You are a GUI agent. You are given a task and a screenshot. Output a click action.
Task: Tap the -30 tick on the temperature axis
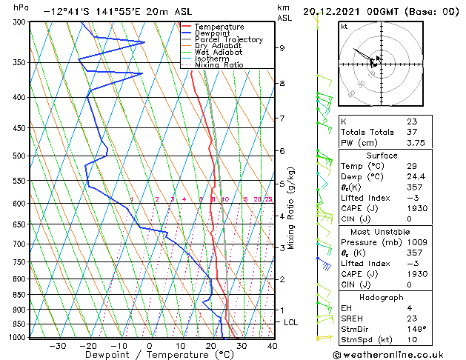pyautogui.click(x=57, y=345)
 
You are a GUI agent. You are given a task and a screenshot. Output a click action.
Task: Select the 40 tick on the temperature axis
pyautogui.click(x=272, y=345)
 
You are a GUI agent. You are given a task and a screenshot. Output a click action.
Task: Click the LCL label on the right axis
pyautogui.click(x=290, y=323)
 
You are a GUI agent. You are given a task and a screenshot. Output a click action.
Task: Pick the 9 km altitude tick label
pyautogui.click(x=282, y=48)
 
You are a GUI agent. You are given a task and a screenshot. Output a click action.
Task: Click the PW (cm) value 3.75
pyautogui.click(x=416, y=144)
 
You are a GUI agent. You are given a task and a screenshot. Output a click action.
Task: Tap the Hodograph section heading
pyautogui.click(x=382, y=297)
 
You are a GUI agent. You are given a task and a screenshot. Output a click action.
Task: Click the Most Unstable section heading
pyautogui.click(x=382, y=231)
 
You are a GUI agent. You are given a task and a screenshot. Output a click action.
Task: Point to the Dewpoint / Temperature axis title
pyautogui.click(x=150, y=355)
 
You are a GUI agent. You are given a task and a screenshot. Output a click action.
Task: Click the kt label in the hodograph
pyautogui.click(x=344, y=26)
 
